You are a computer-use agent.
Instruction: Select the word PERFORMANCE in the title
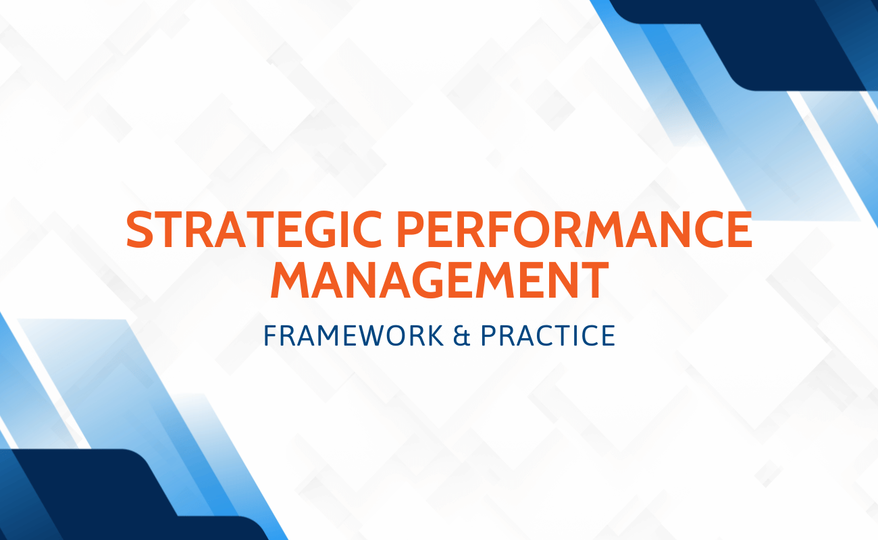(x=575, y=230)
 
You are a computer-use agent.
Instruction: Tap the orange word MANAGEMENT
(x=440, y=280)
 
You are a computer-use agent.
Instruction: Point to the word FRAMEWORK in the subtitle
(x=353, y=335)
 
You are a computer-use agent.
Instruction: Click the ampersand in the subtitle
(x=462, y=335)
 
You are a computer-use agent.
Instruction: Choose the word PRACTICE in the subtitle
(x=548, y=335)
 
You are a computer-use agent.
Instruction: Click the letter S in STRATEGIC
(x=140, y=230)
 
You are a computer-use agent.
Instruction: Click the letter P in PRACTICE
(x=489, y=335)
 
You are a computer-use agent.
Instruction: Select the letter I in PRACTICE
(x=574, y=335)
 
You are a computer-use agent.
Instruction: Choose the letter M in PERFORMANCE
(x=598, y=230)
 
